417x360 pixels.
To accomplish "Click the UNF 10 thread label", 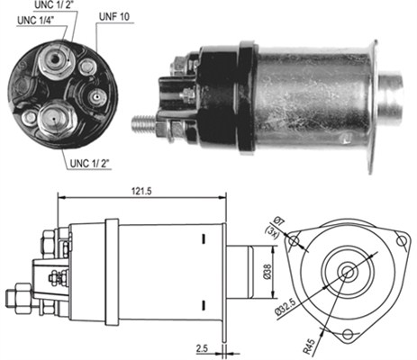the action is (x=114, y=16).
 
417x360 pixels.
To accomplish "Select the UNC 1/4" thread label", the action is (x=36, y=21).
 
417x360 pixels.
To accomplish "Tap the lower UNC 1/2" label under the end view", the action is (x=89, y=163).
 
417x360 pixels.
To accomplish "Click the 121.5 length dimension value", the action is (x=141, y=192).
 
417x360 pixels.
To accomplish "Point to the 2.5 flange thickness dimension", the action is (x=202, y=348).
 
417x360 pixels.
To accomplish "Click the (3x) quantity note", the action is (x=273, y=232).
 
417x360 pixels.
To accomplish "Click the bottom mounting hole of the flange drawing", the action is (x=348, y=334).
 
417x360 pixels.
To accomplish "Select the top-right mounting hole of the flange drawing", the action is (x=401, y=240).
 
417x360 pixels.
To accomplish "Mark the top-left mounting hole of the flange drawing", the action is (x=294, y=240).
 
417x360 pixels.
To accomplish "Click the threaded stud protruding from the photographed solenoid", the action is (x=143, y=123).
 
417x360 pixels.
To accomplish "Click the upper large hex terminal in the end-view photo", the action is (x=56, y=60).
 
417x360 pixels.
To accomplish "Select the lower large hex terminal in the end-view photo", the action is (x=55, y=119).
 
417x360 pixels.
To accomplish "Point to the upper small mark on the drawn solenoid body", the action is (x=204, y=238).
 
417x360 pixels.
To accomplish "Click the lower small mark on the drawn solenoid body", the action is (x=204, y=305).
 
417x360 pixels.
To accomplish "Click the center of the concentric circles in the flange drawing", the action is (x=348, y=272).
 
